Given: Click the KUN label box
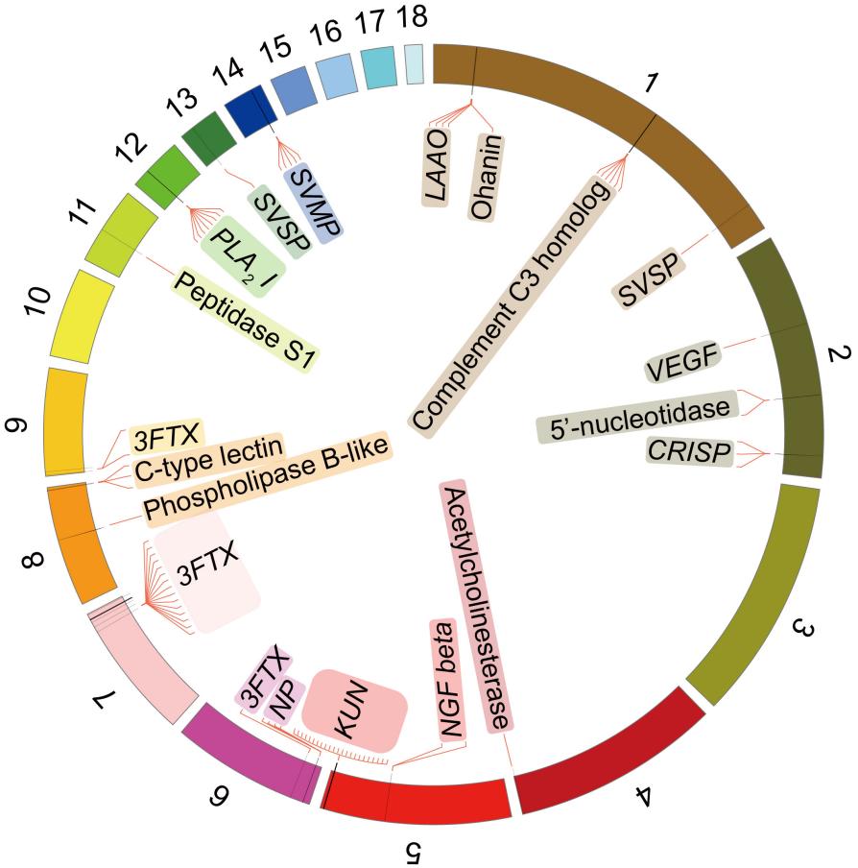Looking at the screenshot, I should click(351, 711).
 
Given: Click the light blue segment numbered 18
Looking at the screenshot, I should click(414, 63).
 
